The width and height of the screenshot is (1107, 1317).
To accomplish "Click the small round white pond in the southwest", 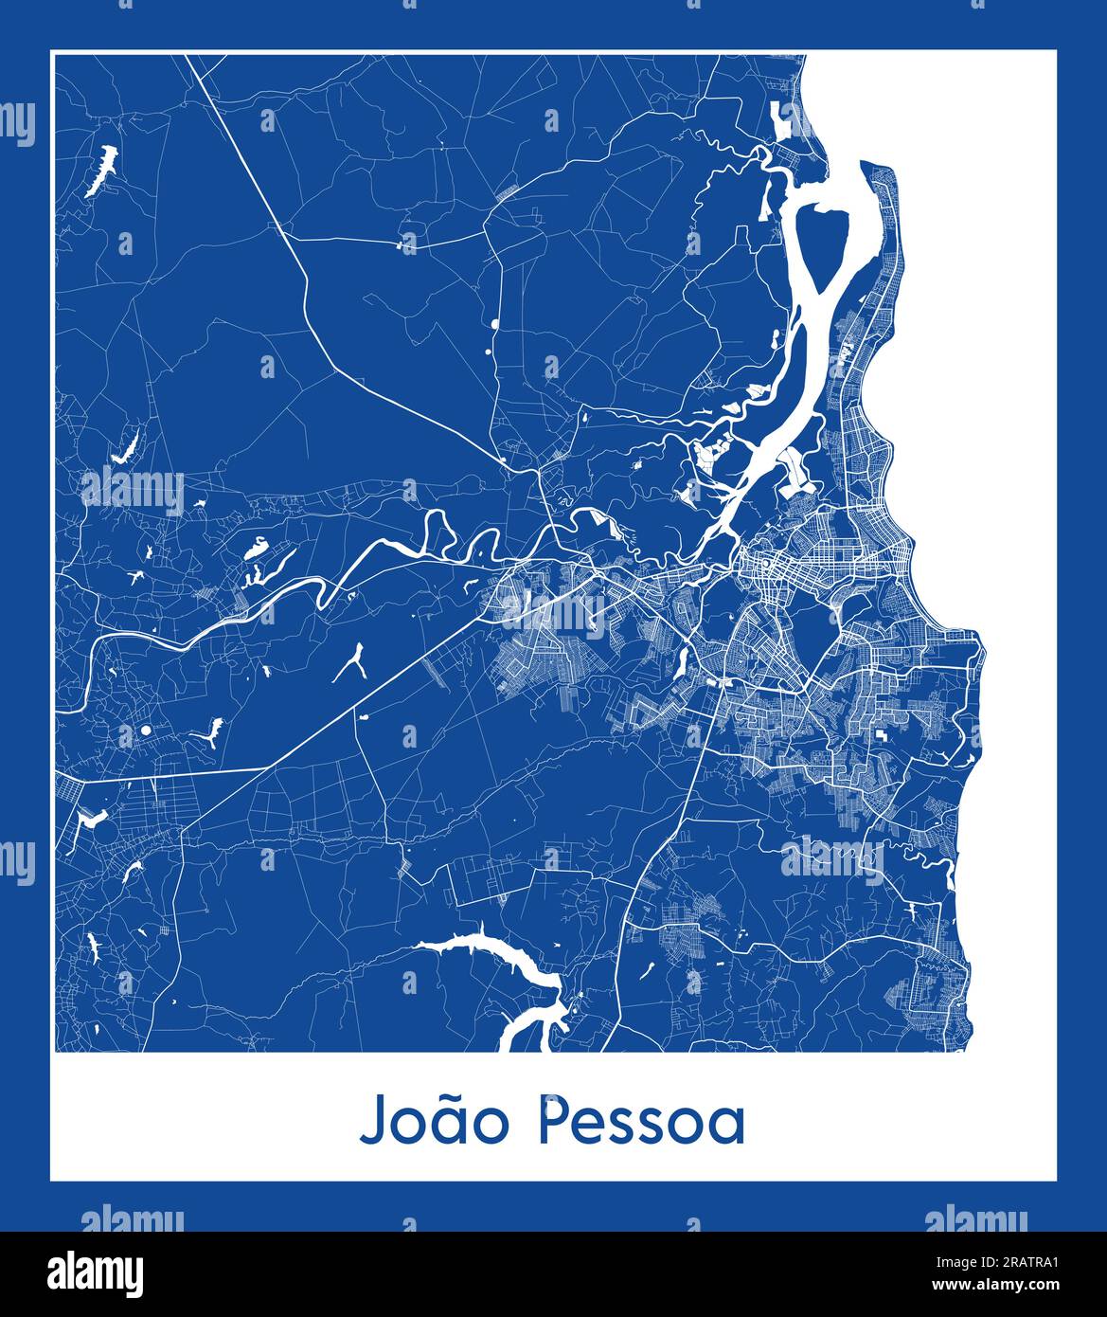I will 146,731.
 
